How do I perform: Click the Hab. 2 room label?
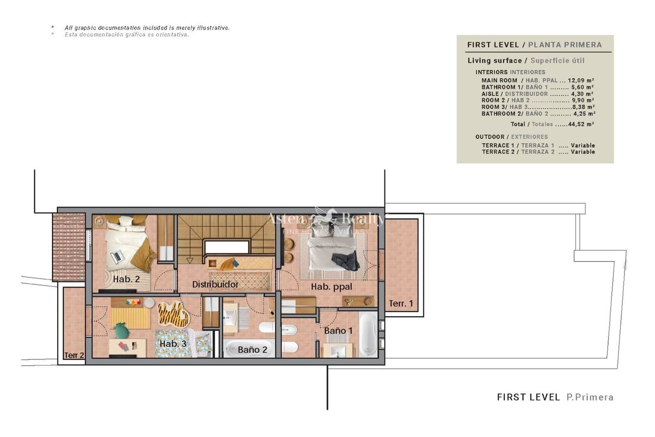click(x=126, y=279)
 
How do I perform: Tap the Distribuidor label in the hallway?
click(x=215, y=284)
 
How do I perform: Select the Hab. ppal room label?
click(x=331, y=287)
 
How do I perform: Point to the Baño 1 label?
click(x=338, y=330)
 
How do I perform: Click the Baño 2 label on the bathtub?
click(x=252, y=350)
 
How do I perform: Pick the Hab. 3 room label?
click(x=173, y=344)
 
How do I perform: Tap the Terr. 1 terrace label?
click(x=401, y=304)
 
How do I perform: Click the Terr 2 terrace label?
click(x=74, y=356)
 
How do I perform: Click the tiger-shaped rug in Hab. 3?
click(x=173, y=315)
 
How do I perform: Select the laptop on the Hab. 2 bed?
click(x=117, y=257)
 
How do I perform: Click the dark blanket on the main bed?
click(x=346, y=261)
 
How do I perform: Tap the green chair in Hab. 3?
click(x=122, y=330)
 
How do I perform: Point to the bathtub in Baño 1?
click(x=368, y=334)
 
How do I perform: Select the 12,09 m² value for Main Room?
click(x=581, y=80)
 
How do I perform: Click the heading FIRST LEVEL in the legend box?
click(x=493, y=45)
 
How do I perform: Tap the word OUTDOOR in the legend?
click(x=490, y=137)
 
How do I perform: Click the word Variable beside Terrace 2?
click(x=583, y=152)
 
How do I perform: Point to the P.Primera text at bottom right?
click(x=590, y=397)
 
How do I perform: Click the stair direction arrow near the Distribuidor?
click(x=190, y=260)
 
